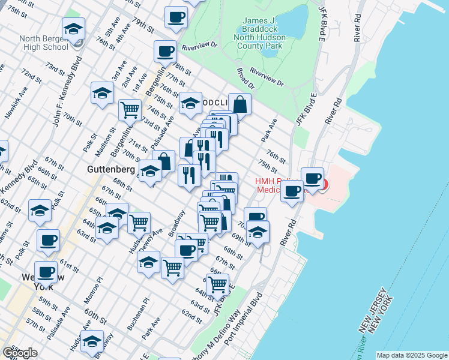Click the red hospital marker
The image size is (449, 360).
tap(323, 184)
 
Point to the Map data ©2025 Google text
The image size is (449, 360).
tap(412, 355)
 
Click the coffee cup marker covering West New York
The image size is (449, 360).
tap(46, 271)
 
